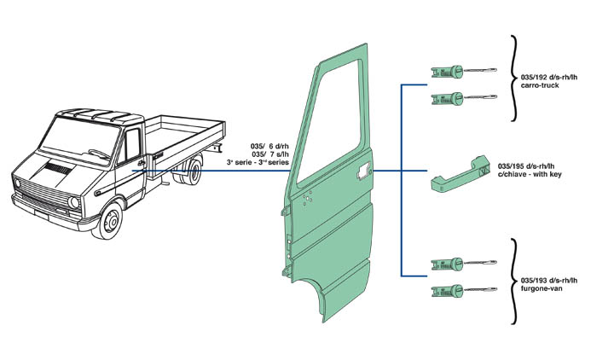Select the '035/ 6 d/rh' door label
click(272, 144)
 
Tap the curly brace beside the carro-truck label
click(514, 78)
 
